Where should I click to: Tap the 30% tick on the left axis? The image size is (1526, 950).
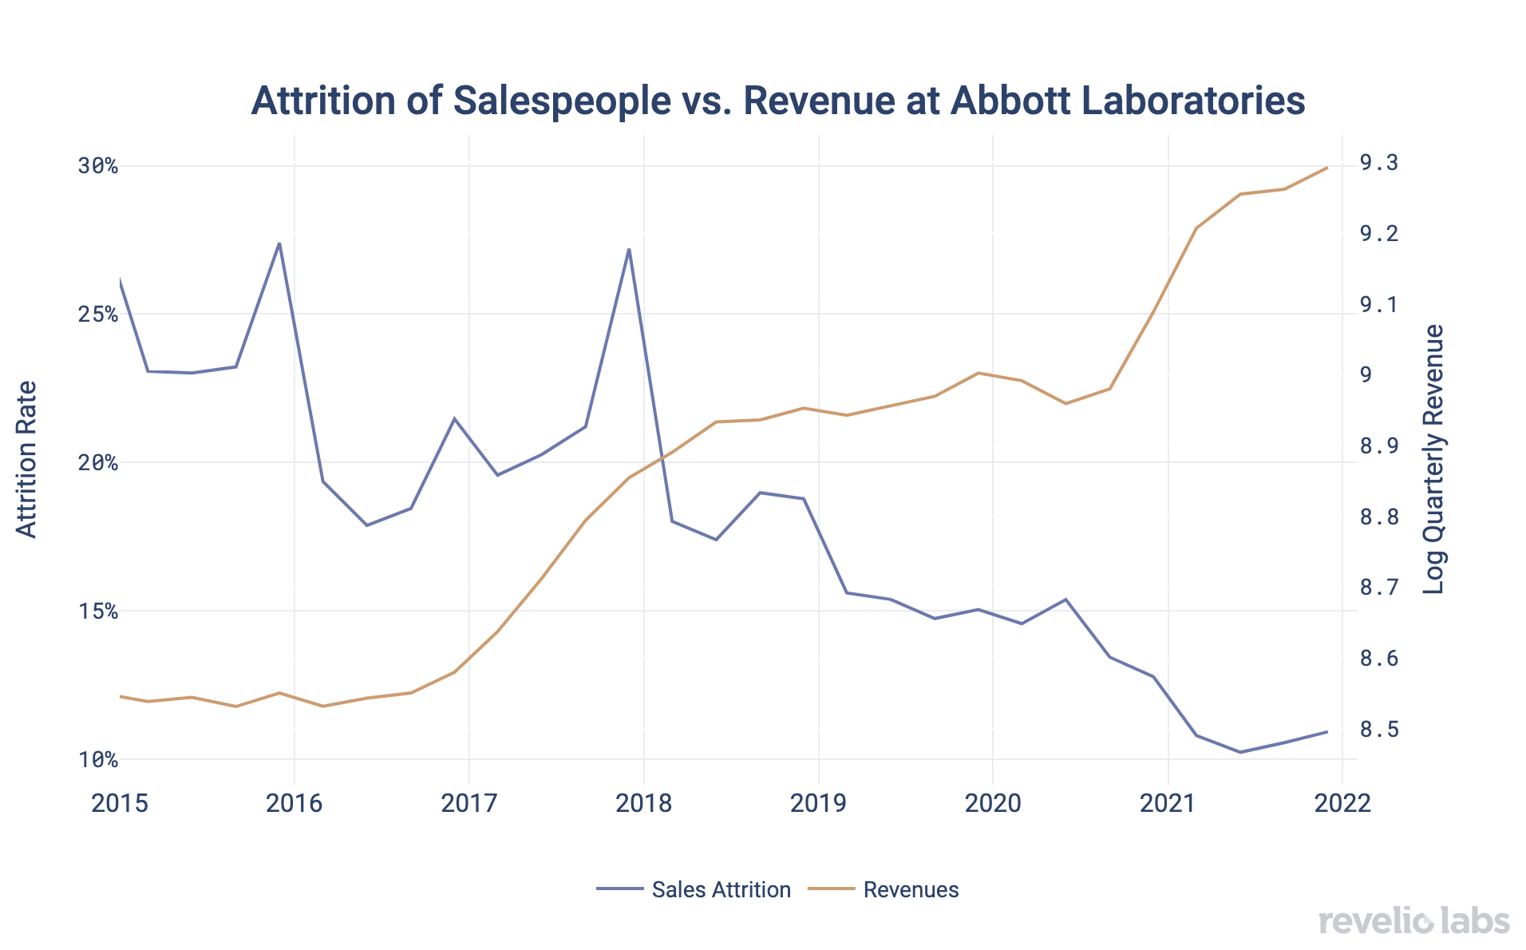[x=97, y=166]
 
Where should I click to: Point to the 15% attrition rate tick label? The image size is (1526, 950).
[x=97, y=612]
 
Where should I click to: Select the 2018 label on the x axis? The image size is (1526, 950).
[x=643, y=803]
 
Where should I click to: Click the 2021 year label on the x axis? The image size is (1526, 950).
[x=1168, y=803]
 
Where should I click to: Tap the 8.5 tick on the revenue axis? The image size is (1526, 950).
[x=1378, y=730]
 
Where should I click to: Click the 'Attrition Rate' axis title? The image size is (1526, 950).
[x=27, y=460]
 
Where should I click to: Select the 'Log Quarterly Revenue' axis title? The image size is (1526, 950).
[x=1433, y=460]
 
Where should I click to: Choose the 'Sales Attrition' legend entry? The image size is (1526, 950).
[x=720, y=890]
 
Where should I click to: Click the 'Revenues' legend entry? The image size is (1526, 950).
[x=911, y=890]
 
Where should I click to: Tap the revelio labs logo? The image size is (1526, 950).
[x=1413, y=921]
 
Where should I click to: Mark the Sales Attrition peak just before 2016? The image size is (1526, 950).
[x=279, y=243]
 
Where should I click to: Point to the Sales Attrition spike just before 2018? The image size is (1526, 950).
[x=629, y=249]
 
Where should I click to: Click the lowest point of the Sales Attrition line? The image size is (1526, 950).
[x=1239, y=752]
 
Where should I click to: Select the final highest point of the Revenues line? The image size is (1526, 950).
[x=1326, y=168]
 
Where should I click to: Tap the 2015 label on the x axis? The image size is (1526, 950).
[x=120, y=803]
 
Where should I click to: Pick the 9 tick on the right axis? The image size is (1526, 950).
[x=1366, y=375]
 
